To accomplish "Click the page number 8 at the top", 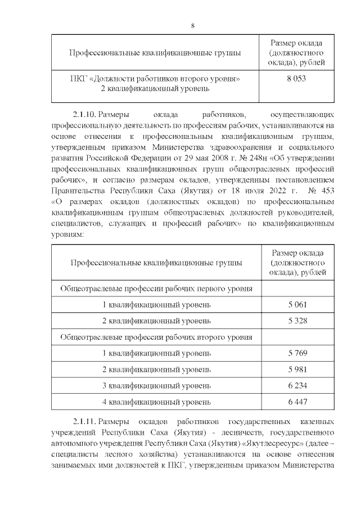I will point(192,26).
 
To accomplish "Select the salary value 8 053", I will point(296,79).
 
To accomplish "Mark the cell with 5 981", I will point(298,370).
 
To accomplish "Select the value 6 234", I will point(298,386).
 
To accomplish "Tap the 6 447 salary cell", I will point(298,403).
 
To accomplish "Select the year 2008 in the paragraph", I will point(211,159).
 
